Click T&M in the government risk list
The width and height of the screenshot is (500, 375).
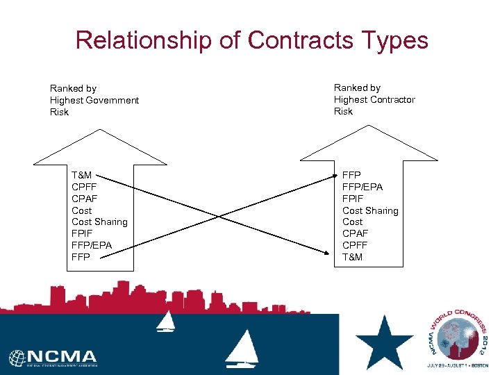(81, 176)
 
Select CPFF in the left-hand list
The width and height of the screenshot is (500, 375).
(85, 187)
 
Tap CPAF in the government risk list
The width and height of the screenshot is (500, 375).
(85, 199)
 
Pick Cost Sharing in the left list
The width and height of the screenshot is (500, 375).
(99, 222)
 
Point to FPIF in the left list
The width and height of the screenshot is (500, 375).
(83, 234)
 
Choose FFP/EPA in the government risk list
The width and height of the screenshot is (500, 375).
(92, 245)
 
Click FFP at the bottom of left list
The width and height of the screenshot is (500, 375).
(81, 257)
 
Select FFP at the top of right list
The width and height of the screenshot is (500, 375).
(351, 176)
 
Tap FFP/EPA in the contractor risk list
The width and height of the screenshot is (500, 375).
(362, 187)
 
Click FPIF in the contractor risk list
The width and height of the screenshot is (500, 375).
(353, 199)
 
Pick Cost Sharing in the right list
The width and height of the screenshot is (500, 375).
(370, 210)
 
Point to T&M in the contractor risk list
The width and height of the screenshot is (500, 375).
(352, 257)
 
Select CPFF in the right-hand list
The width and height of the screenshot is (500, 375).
(355, 245)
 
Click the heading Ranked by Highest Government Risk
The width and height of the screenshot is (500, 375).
(94, 100)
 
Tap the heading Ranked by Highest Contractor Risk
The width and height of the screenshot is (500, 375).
(374, 99)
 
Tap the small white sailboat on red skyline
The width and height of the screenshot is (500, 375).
(166, 321)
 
